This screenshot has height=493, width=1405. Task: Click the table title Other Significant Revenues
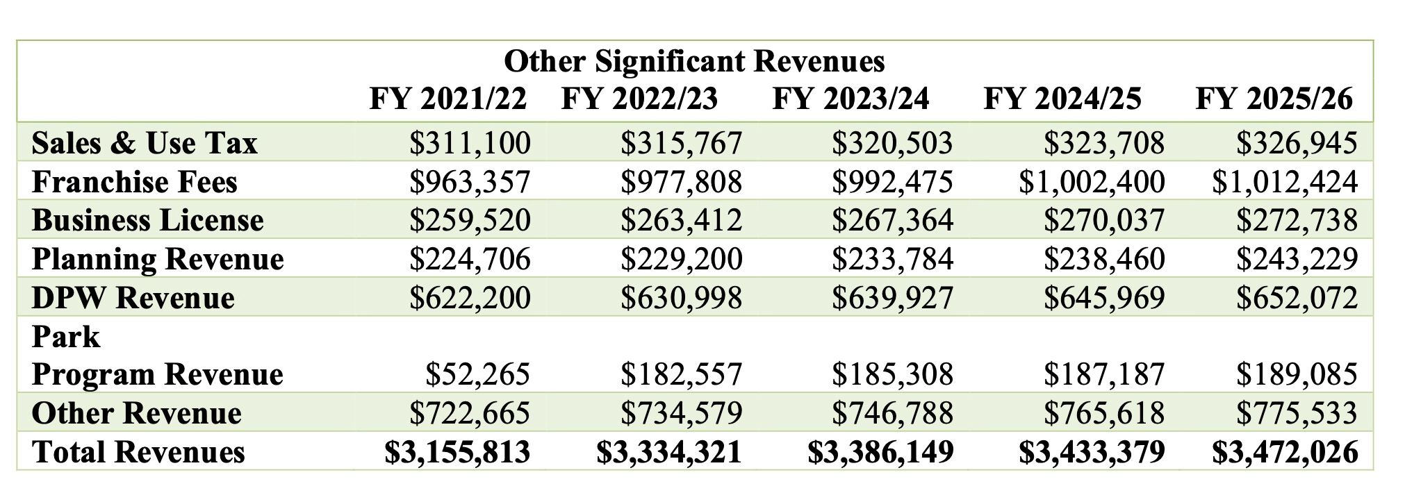coord(694,61)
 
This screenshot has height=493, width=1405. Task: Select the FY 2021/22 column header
coord(448,99)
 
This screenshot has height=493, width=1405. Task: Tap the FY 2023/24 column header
coord(851,99)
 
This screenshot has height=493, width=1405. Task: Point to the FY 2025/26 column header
coord(1274,99)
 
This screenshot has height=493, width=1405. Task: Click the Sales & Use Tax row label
coord(145,143)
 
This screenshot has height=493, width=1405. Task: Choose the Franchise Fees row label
coord(135,182)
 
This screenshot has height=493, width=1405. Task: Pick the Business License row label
coord(148,220)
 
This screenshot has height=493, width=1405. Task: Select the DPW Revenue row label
coord(133,297)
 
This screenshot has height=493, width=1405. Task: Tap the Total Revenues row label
coord(138,451)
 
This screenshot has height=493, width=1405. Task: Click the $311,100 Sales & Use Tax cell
coord(470,143)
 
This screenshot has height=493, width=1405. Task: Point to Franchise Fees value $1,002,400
coord(1091,182)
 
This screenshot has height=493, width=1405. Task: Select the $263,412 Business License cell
coord(681,220)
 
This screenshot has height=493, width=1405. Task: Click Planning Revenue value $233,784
coord(892,259)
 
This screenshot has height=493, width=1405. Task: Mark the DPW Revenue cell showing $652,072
coord(1296,297)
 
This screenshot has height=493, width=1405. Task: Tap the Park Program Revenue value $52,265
coord(477,374)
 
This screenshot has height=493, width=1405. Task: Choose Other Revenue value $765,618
coord(1103,413)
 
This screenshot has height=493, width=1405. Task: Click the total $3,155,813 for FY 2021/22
coord(457,451)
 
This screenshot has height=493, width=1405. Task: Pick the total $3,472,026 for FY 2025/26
coord(1285,451)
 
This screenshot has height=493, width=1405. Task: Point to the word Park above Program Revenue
coord(66,337)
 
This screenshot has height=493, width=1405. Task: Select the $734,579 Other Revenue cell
coord(681,413)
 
